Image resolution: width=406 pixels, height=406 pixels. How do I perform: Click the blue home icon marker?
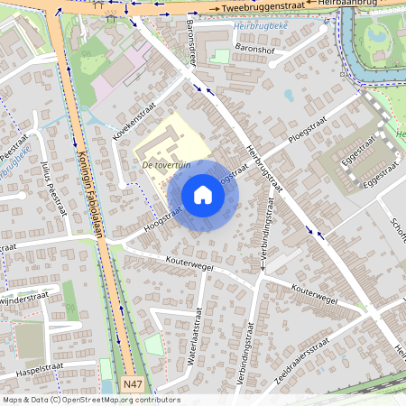(x=203, y=196)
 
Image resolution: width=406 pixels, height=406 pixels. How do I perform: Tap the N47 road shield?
(x=133, y=384)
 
